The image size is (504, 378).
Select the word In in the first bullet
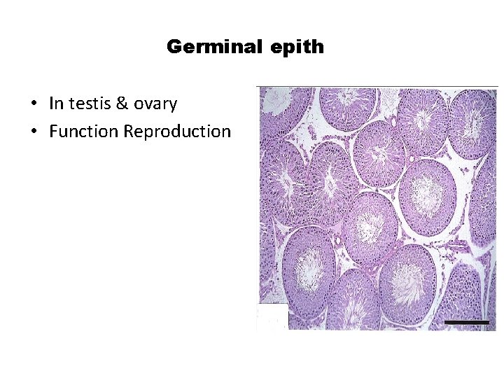55,104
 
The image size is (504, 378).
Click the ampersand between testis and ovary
122,104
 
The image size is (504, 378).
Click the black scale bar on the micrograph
467,321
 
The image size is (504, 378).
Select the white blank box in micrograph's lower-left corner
272,316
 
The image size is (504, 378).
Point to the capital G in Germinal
174,48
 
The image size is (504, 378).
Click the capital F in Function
53,131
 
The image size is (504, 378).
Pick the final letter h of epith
318,47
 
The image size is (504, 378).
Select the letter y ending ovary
173,106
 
